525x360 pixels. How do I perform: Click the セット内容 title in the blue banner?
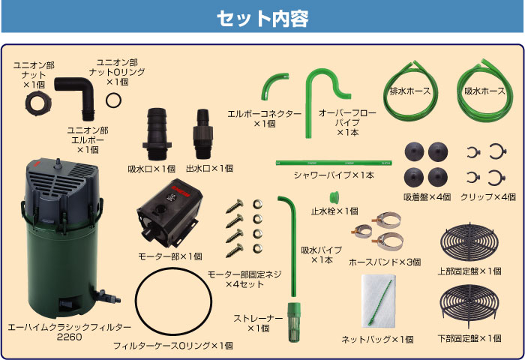[262, 18]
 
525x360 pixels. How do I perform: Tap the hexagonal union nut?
[38, 103]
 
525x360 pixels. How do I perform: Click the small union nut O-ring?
[113, 100]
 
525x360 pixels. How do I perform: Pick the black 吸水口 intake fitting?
[157, 133]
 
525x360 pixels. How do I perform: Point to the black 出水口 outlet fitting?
[202, 133]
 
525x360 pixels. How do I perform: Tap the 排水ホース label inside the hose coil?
[410, 91]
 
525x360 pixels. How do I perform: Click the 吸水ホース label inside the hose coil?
[484, 91]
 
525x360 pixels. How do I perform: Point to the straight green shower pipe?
[334, 163]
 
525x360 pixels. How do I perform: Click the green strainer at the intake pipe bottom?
[294, 322]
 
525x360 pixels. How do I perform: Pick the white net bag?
[378, 301]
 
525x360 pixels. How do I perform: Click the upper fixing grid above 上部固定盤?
[469, 242]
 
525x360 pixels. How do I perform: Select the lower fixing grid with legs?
[469, 305]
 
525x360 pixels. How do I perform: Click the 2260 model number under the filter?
[69, 337]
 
